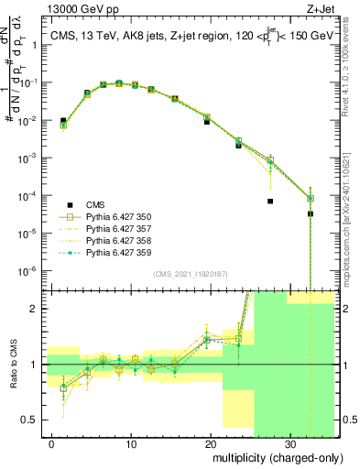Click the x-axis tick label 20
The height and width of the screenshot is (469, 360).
click(x=210, y=443)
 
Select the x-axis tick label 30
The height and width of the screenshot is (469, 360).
click(x=289, y=443)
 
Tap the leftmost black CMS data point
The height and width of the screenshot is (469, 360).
click(x=63, y=120)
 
